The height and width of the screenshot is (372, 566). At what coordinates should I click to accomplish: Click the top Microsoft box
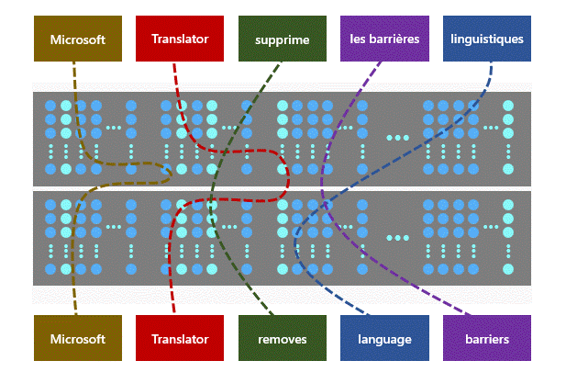[78, 39]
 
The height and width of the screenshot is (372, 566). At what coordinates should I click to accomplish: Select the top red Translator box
[180, 39]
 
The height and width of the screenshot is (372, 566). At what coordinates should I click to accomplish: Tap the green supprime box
[282, 39]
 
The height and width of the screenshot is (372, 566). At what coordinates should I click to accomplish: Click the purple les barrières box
[384, 39]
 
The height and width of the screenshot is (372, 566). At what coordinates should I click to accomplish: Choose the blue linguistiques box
[486, 39]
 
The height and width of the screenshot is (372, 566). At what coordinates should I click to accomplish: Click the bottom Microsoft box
[78, 338]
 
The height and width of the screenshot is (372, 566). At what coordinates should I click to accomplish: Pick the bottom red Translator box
[180, 338]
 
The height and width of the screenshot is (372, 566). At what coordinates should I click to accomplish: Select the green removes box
[282, 338]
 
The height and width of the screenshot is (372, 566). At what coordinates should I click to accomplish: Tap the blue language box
[384, 338]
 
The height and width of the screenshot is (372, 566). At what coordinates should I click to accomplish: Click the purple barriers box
[486, 338]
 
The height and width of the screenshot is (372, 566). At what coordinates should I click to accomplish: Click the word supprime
[282, 39]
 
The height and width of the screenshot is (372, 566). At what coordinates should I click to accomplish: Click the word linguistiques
[487, 39]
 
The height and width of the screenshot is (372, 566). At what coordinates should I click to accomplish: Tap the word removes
[282, 339]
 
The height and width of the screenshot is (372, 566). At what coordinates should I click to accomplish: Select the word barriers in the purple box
[486, 339]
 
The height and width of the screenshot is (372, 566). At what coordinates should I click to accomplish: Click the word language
[384, 339]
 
